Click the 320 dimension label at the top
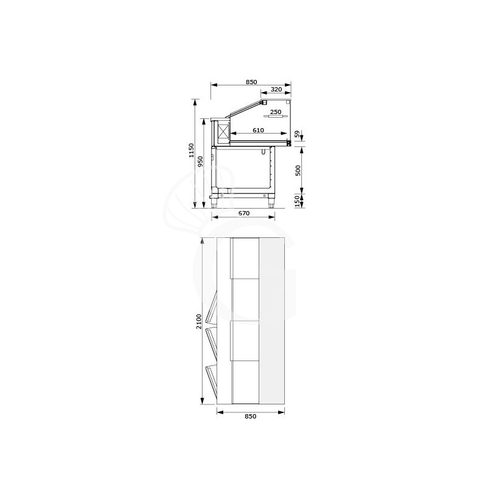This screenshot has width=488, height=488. coord(276,90)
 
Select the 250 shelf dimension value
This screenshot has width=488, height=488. coord(275,112)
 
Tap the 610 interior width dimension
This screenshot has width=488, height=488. coord(257,131)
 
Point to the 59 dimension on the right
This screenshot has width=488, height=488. coord(298,134)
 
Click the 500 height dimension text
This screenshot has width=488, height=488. coord(298,170)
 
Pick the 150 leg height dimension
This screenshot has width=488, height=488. coord(298,201)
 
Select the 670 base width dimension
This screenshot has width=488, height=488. coord(243,213)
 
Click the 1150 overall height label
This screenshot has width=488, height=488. coord(192,151)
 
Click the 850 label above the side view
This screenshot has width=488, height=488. coord(251,82)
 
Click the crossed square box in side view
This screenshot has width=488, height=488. coord(222,132)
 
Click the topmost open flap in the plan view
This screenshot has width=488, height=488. coord(211,310)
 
